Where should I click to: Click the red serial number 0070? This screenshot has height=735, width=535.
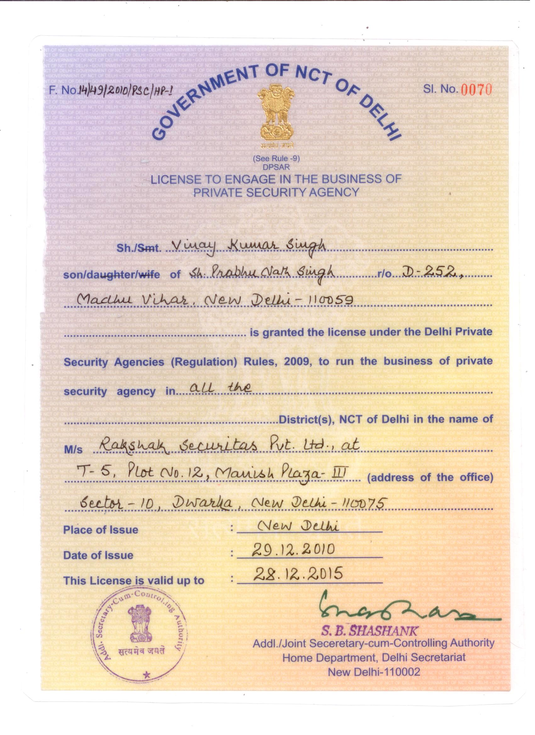(x=476, y=90)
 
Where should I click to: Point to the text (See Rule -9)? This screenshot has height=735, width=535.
(x=276, y=158)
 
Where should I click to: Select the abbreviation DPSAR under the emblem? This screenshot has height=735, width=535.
(x=276, y=167)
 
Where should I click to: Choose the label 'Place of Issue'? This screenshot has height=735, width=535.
(x=101, y=530)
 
